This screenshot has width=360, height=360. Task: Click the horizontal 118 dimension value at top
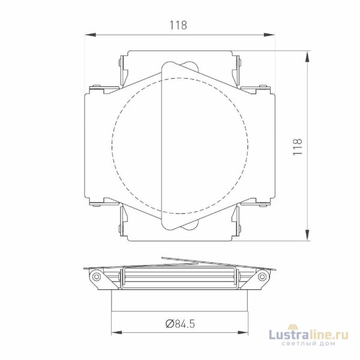point(178,25)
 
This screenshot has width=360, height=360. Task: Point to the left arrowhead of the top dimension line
point(88,35)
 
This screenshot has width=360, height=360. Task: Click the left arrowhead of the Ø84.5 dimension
point(115,332)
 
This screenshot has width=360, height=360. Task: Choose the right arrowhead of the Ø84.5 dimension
point(246,332)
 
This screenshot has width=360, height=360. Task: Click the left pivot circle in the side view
point(96,277)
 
